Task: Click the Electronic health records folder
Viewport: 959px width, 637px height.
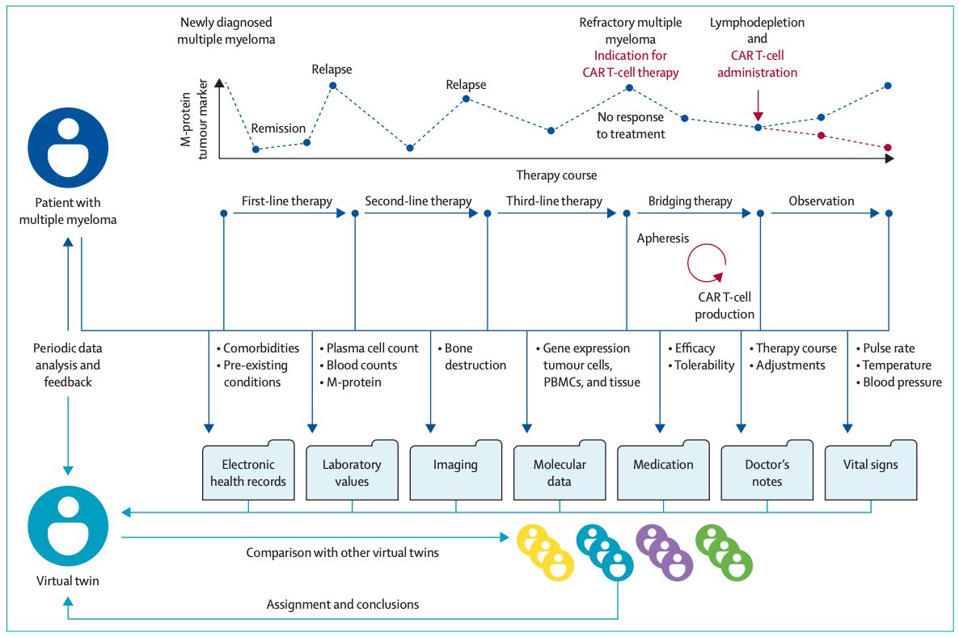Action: [248, 470]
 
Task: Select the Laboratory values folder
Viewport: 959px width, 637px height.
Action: [352, 470]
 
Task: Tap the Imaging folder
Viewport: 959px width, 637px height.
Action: [456, 470]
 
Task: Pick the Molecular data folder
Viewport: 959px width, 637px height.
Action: [560, 470]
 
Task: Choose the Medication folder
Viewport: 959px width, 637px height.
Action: [664, 470]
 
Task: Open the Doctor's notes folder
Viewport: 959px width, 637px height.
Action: [767, 470]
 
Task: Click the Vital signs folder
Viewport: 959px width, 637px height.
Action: [871, 470]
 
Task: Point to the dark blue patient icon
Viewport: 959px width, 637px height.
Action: [68, 148]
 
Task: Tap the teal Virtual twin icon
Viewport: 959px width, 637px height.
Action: [68, 526]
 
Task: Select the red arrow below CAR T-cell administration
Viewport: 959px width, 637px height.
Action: [758, 106]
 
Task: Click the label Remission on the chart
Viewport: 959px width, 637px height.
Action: [278, 129]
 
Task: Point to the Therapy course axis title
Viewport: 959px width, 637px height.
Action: [556, 175]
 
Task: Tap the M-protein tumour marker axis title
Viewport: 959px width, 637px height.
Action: [194, 119]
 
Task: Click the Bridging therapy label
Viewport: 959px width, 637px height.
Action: [690, 201]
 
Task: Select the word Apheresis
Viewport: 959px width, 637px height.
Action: [663, 238]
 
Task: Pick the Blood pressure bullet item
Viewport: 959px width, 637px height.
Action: [899, 382]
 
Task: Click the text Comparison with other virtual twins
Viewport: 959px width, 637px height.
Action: [343, 553]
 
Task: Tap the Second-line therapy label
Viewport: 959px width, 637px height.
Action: [418, 201]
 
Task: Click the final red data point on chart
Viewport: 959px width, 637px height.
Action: [888, 147]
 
